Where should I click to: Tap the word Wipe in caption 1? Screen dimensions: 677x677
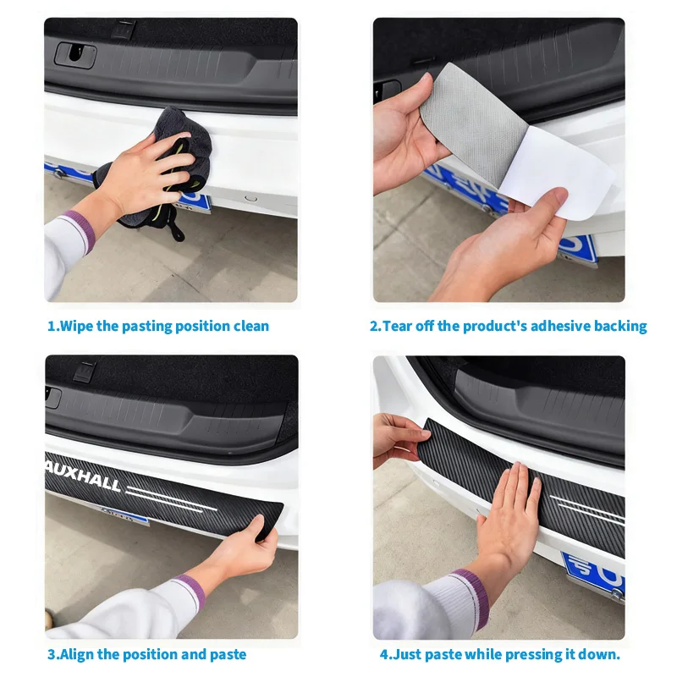pyautogui.click(x=78, y=326)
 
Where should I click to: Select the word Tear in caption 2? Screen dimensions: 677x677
pyautogui.click(x=399, y=326)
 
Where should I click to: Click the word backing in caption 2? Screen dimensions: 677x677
pyautogui.click(x=619, y=326)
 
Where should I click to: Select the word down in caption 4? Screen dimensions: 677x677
pyautogui.click(x=601, y=654)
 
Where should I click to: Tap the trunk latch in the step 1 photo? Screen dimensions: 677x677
pyautogui.click(x=75, y=54)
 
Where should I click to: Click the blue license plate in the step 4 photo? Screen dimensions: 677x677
pyautogui.click(x=592, y=575)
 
